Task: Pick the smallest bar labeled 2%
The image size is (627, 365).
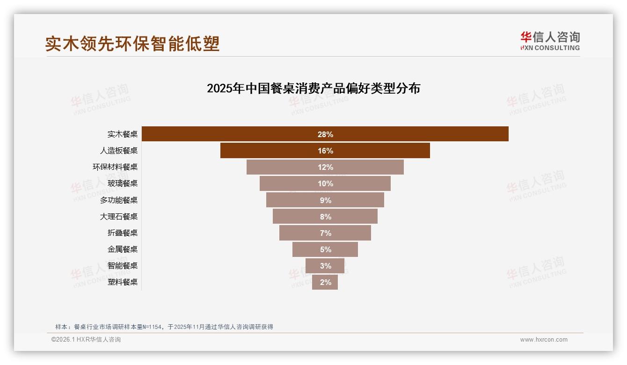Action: pyautogui.click(x=325, y=282)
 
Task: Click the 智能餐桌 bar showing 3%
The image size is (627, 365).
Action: pyautogui.click(x=325, y=266)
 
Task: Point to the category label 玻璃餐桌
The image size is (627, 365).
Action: pyautogui.click(x=123, y=183)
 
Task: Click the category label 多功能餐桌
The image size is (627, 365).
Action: pyautogui.click(x=119, y=200)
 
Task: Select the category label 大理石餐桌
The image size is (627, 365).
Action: pyautogui.click(x=119, y=217)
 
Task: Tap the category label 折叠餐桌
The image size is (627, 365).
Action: pyautogui.click(x=123, y=233)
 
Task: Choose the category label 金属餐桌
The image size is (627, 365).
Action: pyautogui.click(x=123, y=249)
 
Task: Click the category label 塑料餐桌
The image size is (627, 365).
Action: pyautogui.click(x=123, y=282)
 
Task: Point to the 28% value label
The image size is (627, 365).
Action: pyautogui.click(x=325, y=134)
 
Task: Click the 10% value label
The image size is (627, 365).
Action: pyautogui.click(x=325, y=183)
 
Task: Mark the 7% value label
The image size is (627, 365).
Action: pyautogui.click(x=325, y=233)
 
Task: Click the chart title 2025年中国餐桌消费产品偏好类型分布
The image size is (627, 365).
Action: pyautogui.click(x=313, y=88)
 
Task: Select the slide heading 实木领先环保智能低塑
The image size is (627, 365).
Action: pyautogui.click(x=132, y=44)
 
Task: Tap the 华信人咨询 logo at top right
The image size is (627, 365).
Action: pyautogui.click(x=550, y=41)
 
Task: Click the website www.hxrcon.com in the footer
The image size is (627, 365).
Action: pyautogui.click(x=544, y=340)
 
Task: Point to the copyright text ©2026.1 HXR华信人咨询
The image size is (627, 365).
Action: pyautogui.click(x=86, y=340)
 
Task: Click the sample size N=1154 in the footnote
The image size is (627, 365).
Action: pyautogui.click(x=151, y=327)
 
